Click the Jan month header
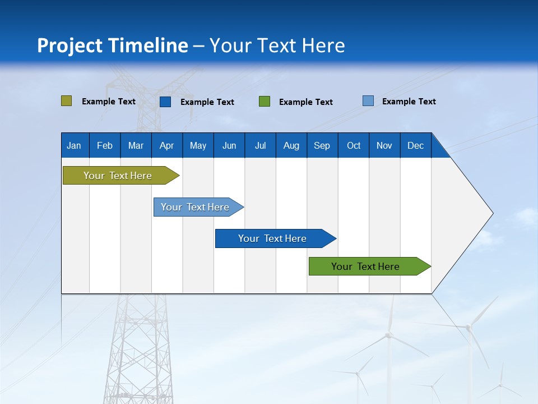coord(74,146)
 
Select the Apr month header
coord(166,146)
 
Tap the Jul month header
coord(260,146)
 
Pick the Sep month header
coord(322,146)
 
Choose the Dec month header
coord(415,146)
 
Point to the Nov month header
coord(384,146)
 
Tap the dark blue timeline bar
coord(273,238)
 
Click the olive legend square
coord(66,101)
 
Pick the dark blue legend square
coord(165,102)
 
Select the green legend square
coord(265,102)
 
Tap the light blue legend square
coord(368,101)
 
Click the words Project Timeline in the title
coord(112,45)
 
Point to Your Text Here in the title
coord(277,45)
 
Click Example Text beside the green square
coord(305,102)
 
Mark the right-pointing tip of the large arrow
coord(492,213)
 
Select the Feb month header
coord(105,146)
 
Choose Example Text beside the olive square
coord(108,102)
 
